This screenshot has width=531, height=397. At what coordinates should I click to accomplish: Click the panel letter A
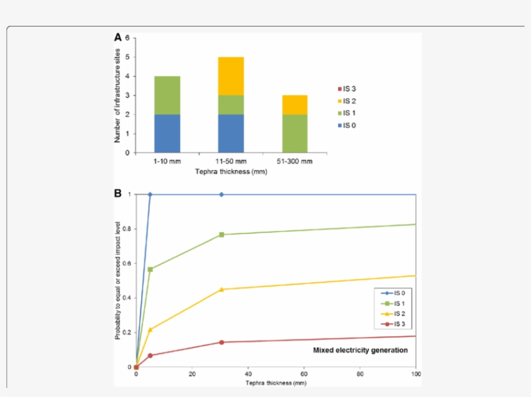point(118,38)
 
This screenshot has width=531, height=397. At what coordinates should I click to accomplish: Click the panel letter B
point(118,193)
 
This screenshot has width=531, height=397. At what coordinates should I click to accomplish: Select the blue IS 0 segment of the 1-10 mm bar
point(167,133)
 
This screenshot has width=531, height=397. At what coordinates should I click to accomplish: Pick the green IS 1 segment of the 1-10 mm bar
point(167,95)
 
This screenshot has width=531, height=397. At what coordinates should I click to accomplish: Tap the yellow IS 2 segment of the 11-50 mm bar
point(231,76)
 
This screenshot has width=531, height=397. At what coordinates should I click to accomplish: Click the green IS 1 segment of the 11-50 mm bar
point(231,105)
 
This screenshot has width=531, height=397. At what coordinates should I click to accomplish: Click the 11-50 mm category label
point(231,162)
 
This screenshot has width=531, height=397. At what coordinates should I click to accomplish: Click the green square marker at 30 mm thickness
point(221,234)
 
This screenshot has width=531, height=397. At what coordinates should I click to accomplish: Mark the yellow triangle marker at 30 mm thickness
point(221,289)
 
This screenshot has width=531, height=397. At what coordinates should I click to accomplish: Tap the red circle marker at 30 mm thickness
point(221,342)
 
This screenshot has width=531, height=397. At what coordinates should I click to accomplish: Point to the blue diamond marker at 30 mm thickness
point(221,194)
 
